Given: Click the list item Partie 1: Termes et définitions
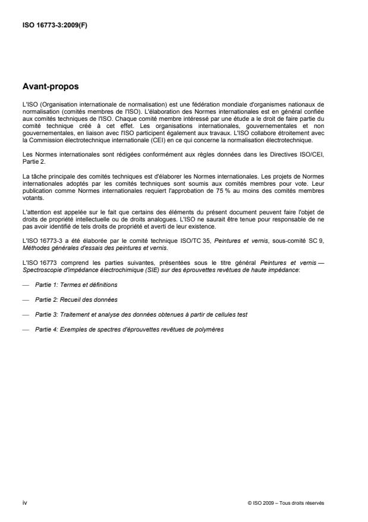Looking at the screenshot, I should click(76, 285).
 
